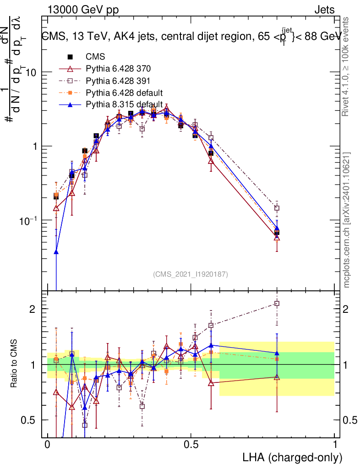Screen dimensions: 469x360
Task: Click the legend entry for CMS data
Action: [x=95, y=57]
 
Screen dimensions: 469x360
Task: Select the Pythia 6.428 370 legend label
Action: [x=118, y=69]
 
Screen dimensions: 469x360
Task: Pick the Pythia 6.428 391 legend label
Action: [x=118, y=81]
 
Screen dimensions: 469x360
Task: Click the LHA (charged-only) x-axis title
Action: [x=292, y=457]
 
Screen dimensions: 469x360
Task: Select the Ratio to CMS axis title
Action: [x=15, y=364]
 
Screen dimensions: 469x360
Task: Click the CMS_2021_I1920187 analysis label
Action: [x=191, y=274]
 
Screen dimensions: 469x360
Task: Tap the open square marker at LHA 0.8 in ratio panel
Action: [x=277, y=303]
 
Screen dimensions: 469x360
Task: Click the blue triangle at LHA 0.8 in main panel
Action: [x=277, y=228]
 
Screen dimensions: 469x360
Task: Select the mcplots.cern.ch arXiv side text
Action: [x=347, y=220]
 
